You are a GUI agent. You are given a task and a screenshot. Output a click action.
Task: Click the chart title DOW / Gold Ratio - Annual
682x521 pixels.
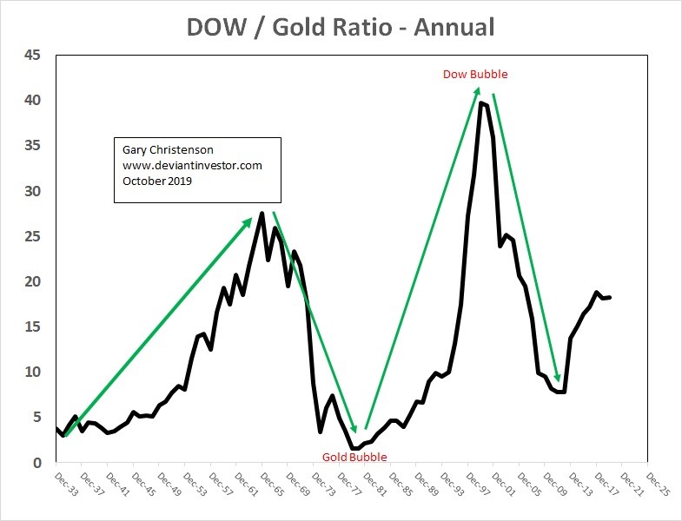341,27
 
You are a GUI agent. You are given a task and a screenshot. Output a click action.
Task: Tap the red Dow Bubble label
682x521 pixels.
475,75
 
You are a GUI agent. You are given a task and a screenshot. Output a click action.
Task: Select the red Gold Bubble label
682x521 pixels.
354,457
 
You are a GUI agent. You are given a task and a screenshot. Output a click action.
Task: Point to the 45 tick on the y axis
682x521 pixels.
31,56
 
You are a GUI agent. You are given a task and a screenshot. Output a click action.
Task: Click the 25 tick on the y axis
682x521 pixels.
31,236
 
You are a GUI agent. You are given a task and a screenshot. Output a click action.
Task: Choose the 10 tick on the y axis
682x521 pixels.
31,372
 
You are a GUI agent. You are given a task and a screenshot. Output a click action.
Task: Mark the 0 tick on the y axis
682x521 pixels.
36,463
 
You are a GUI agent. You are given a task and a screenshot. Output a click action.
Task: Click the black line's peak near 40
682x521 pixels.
480,102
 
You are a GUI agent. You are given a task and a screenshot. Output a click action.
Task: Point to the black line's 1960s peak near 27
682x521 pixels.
262,213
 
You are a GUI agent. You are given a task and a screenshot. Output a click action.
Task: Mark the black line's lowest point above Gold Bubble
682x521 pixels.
353,449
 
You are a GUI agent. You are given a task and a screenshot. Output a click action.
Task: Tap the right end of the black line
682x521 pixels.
610,298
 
